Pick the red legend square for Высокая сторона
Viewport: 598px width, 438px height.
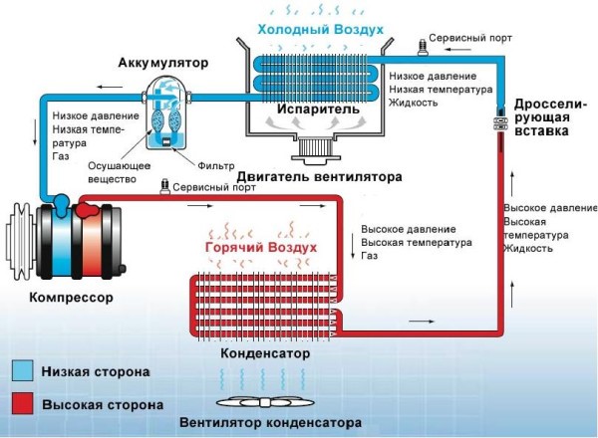click(x=19, y=404)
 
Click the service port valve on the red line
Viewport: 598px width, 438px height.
click(x=161, y=187)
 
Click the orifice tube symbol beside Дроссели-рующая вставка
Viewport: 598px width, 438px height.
click(x=498, y=123)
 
